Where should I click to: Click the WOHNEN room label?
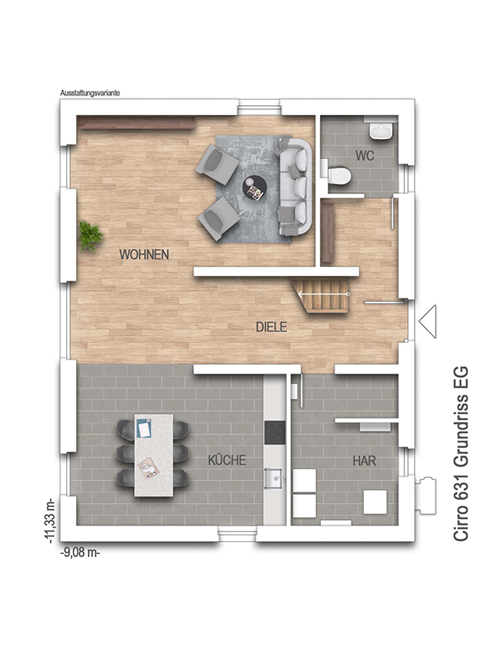point(145,254)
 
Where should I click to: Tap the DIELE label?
point(272,327)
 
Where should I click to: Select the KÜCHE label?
point(227,459)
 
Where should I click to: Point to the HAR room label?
point(365,460)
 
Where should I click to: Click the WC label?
point(365,155)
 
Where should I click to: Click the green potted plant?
point(91,236)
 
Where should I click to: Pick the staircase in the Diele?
point(322,295)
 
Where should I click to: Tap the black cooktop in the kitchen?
point(275,433)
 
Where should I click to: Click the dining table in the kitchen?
point(154,455)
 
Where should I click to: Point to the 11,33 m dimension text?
point(50,521)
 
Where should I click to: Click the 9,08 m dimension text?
point(80,552)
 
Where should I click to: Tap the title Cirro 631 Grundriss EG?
point(461,454)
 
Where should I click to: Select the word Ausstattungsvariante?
point(90,93)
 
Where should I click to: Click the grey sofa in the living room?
point(296,187)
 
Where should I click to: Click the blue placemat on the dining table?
point(144,429)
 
